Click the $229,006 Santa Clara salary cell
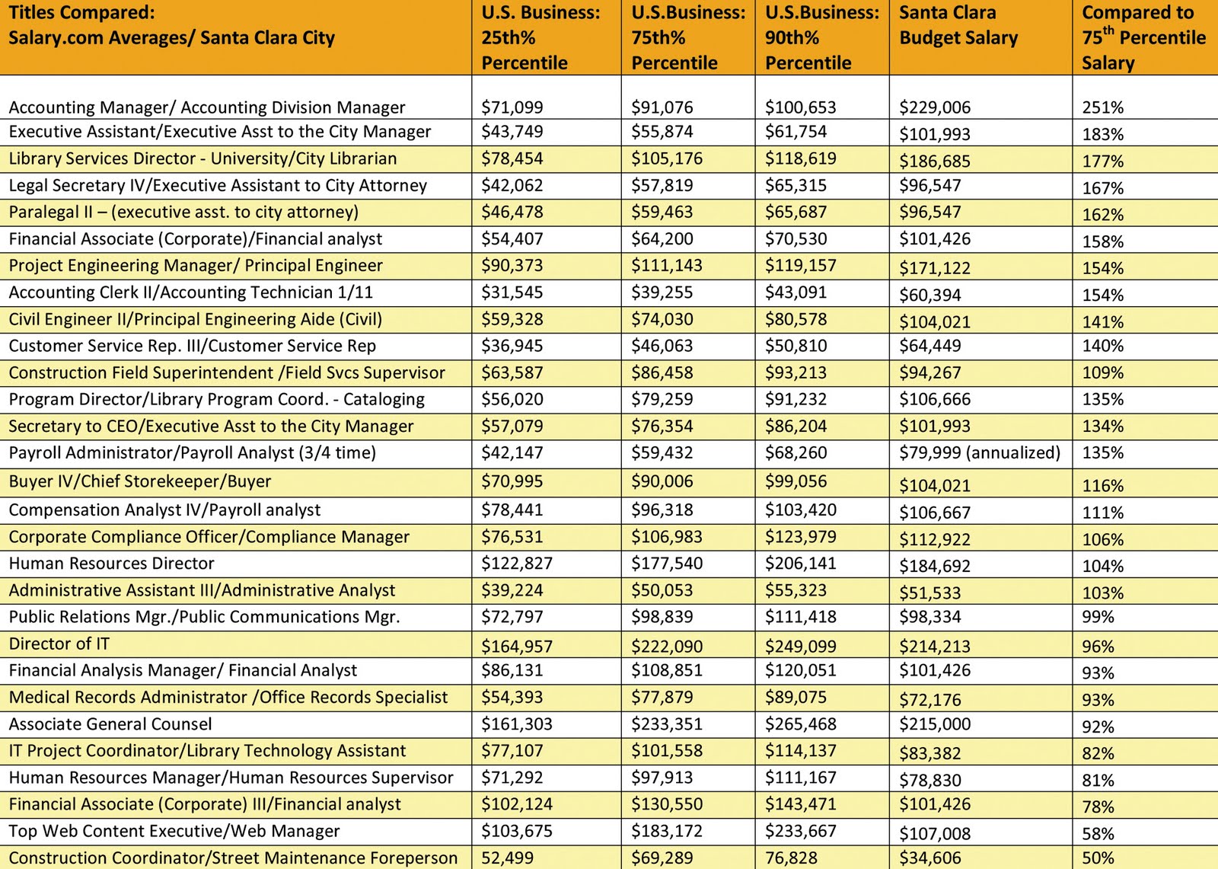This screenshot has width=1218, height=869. click(935, 107)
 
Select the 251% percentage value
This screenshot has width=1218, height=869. click(1102, 107)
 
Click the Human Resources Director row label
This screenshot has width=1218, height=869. click(112, 564)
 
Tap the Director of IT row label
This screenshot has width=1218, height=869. click(59, 644)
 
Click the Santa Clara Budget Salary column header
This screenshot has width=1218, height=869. click(958, 25)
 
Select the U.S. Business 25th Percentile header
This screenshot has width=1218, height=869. click(540, 37)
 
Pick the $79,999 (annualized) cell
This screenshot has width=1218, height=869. click(980, 453)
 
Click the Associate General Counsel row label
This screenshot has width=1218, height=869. click(110, 724)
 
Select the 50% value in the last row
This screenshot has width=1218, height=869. click(1098, 858)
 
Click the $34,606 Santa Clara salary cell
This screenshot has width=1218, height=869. click(929, 858)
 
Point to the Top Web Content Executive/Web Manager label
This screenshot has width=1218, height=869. click(174, 831)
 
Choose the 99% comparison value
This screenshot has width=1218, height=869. click(1098, 617)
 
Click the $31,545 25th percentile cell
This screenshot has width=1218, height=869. click(512, 292)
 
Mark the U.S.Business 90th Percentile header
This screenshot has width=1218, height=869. click(821, 37)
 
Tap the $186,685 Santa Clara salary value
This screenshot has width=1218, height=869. click(935, 161)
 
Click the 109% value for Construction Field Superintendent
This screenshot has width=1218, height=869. click(1102, 373)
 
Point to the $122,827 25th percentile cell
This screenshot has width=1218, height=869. click(517, 564)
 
